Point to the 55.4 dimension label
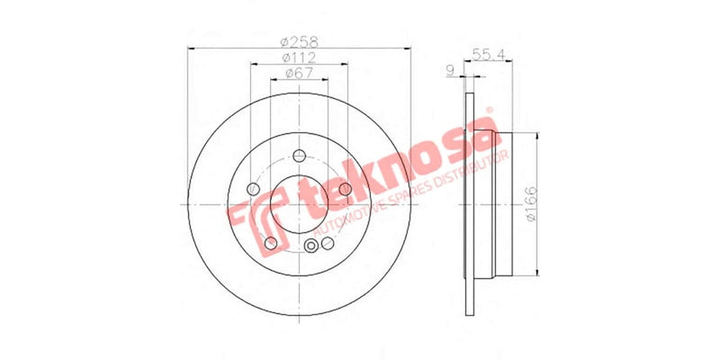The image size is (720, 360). pos(486,56)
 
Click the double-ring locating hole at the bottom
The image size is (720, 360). pos(312,249)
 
